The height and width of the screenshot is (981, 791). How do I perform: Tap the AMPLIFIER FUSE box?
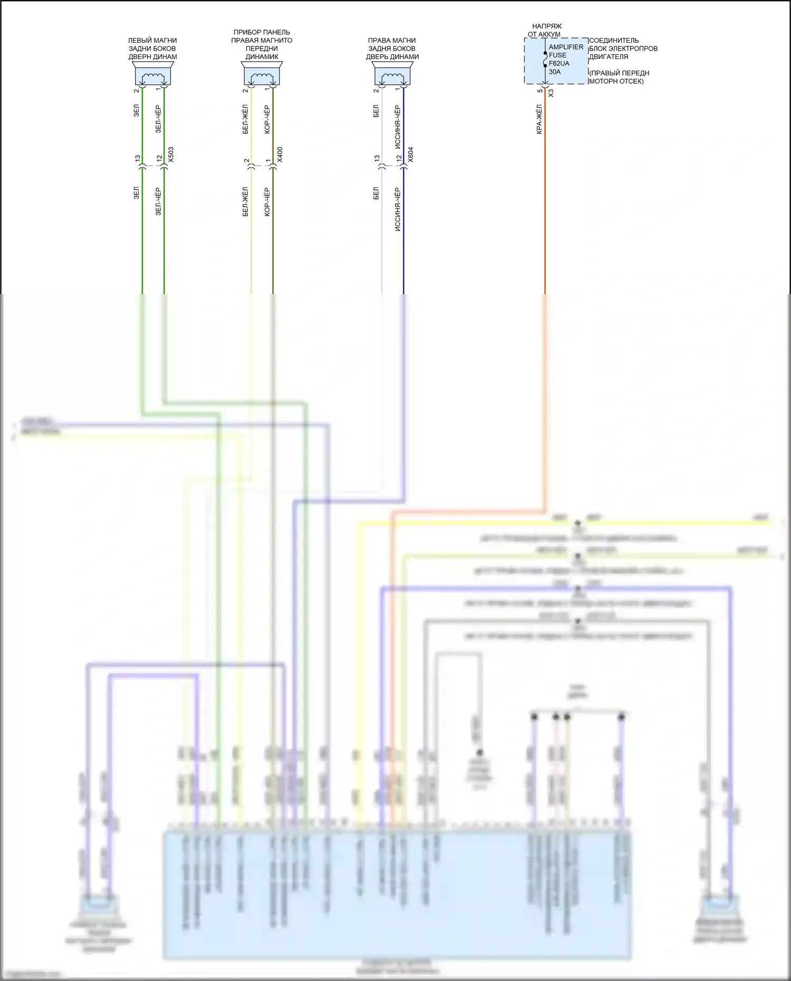[556, 61]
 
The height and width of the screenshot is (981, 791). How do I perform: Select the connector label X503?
[170, 154]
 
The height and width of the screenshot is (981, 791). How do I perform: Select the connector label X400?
[279, 154]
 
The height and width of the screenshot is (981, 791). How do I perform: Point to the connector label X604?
[410, 154]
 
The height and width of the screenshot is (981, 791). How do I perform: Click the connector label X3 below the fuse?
[551, 93]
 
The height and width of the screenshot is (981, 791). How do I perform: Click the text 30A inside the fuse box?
[555, 72]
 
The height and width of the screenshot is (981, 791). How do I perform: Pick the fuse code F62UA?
[559, 63]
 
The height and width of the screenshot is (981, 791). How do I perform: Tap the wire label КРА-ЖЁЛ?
[539, 119]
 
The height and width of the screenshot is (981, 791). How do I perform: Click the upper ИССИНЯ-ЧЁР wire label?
[397, 127]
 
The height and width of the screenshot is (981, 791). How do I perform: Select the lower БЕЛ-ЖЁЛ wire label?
[245, 201]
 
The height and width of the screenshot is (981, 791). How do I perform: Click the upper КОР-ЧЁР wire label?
[267, 119]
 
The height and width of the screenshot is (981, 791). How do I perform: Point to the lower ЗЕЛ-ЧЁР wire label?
[158, 201]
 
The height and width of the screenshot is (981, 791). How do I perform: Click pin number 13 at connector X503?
[137, 158]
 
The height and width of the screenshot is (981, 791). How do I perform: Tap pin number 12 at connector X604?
[399, 158]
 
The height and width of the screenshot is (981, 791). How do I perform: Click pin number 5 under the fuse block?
[539, 91]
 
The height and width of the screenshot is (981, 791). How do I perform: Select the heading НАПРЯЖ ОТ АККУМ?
[546, 30]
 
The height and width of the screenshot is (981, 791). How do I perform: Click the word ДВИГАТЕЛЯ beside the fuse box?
[609, 56]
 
